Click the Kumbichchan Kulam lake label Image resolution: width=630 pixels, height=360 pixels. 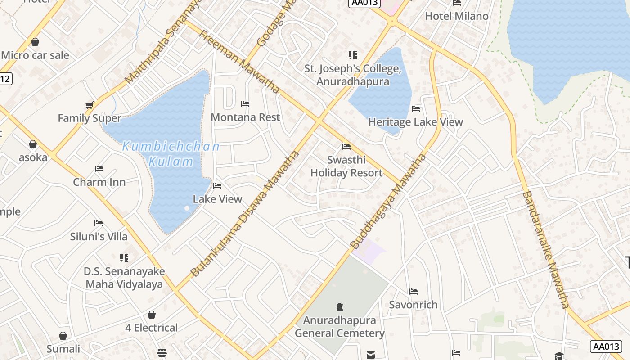click(171, 153)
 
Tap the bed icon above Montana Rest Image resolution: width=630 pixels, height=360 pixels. click(245, 104)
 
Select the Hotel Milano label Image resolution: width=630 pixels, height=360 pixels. click(456, 16)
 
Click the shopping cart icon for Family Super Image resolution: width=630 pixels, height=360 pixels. click(90, 105)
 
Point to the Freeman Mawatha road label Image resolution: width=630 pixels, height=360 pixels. click(239, 62)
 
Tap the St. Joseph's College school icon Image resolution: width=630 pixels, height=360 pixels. click(353, 55)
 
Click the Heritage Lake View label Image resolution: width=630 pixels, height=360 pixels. click(415, 122)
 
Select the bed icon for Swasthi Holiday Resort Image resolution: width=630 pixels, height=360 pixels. click(346, 147)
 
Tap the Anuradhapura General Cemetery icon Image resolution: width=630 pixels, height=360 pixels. click(340, 307)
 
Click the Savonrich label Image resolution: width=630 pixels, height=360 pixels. click(413, 305)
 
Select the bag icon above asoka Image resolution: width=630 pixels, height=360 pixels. click(33, 144)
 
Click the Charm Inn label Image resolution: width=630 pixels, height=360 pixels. click(99, 182)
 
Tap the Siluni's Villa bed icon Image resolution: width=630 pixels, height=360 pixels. click(99, 223)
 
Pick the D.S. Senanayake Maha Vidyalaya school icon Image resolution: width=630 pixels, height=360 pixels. click(124, 258)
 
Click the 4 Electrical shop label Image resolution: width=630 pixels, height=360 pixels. click(151, 328)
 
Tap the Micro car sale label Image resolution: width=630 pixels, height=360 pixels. click(35, 55)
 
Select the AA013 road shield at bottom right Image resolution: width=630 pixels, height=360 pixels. click(606, 346)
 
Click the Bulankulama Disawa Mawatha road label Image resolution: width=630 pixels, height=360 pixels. click(245, 214)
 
